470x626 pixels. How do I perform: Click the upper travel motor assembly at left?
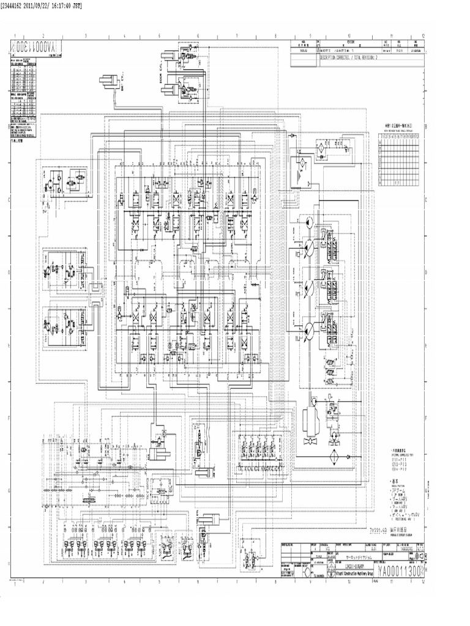tap(65, 269)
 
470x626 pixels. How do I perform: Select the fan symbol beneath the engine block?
tap(310, 441)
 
